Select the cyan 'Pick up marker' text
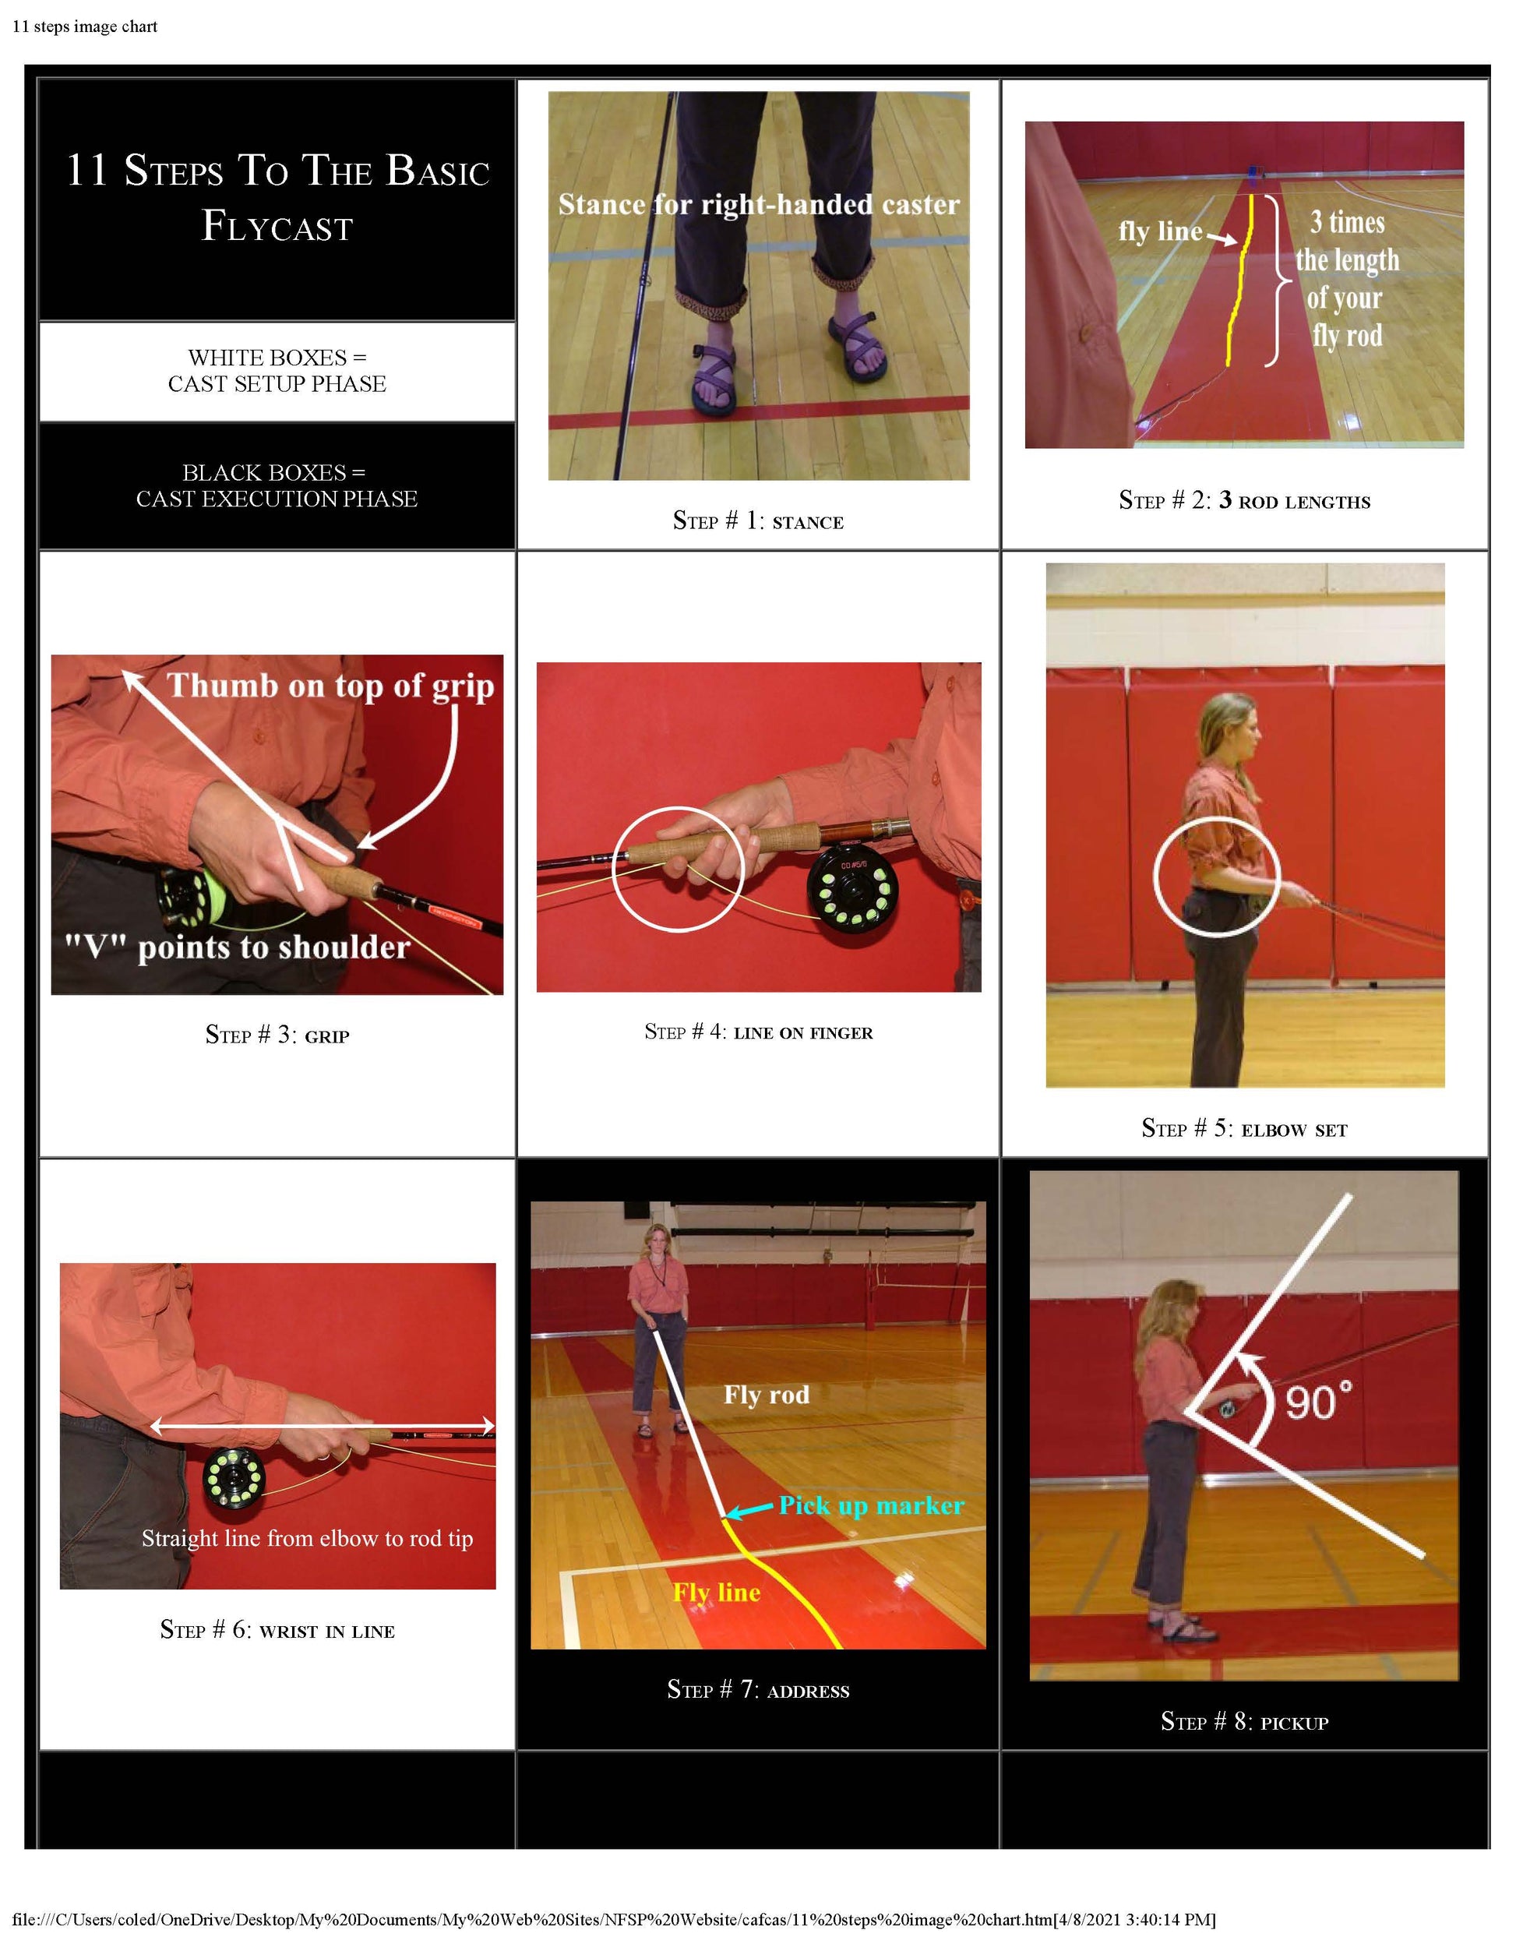click(x=871, y=1505)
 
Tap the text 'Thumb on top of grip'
click(x=330, y=686)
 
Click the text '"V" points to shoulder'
click(x=237, y=947)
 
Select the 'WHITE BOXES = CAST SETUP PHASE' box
click(x=277, y=371)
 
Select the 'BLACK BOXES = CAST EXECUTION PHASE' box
click(x=277, y=485)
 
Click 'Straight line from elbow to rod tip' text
click(x=307, y=1537)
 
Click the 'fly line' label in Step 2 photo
click(x=1159, y=231)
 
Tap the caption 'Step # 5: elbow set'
click(x=1243, y=1128)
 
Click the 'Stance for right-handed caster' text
click(x=758, y=205)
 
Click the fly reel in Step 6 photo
click(x=234, y=1478)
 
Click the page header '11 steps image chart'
click(x=85, y=26)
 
